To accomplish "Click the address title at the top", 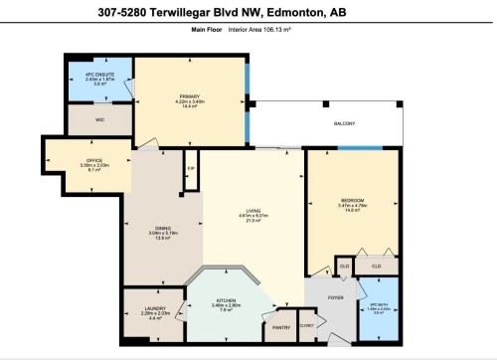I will point(248,12).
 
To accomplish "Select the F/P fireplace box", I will point(190,169).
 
